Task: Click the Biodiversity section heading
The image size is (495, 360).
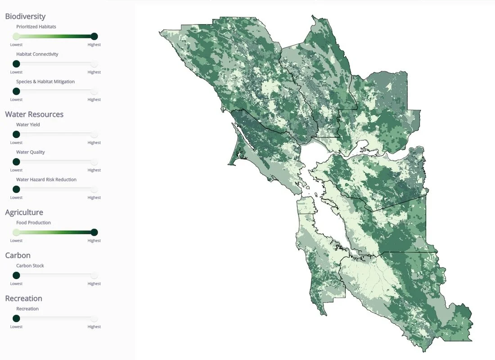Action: coord(25,16)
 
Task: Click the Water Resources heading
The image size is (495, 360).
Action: coord(34,114)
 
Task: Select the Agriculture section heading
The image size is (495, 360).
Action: coord(24,212)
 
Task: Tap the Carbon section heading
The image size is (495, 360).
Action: coord(18,255)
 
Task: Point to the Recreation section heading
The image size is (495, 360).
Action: coord(23,298)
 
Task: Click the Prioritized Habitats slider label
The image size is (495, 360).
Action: coord(36,27)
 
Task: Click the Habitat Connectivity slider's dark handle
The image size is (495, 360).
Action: coord(16,64)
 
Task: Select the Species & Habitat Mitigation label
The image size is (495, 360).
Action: coord(45,82)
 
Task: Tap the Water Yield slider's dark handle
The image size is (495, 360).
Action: coord(16,135)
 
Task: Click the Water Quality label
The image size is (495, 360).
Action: coord(31,152)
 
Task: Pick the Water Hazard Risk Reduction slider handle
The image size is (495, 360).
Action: coord(16,189)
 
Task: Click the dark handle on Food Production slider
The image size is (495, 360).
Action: coord(94,232)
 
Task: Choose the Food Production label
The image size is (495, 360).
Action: coord(33,223)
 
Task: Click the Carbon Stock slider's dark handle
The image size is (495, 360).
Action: coord(16,275)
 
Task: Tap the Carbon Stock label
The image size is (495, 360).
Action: coord(30,266)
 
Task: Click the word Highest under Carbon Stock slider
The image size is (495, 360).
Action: coord(94,284)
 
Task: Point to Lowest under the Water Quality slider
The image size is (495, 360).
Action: coord(16,170)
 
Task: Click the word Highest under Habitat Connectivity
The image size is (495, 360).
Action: coord(94,72)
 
